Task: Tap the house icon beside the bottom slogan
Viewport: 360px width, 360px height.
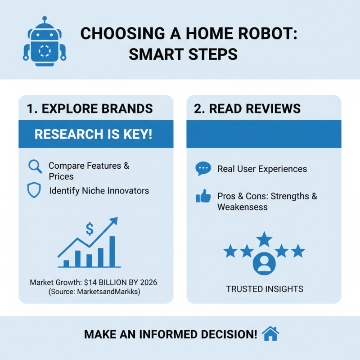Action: [x=270, y=334]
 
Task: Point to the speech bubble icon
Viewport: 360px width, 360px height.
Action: [x=203, y=169]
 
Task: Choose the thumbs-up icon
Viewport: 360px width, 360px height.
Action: [x=203, y=197]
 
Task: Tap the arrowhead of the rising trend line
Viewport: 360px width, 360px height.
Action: [x=113, y=221]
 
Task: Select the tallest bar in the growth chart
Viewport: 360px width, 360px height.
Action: [x=112, y=251]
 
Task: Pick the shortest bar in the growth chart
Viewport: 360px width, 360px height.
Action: [x=66, y=263]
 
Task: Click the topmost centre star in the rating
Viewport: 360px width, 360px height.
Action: [x=264, y=239]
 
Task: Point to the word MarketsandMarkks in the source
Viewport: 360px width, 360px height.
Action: [x=114, y=292]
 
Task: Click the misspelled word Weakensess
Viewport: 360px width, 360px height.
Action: [x=243, y=207]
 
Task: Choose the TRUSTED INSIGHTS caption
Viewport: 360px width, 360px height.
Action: [x=264, y=289]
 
